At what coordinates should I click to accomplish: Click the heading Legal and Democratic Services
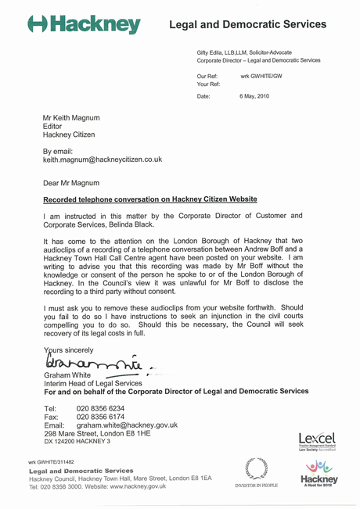(248, 25)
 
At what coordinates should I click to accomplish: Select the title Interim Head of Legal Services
(92, 382)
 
